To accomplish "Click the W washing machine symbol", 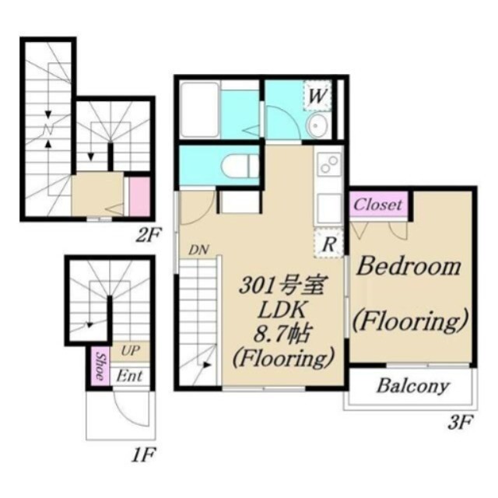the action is coord(317,95).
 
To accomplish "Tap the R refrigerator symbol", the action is coord(328,244).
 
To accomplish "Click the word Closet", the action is coord(378,205).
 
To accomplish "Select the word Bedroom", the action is coord(409,267).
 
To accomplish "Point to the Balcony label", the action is coord(413,386).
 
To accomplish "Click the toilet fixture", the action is coord(240,165).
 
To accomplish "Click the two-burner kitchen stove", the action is coord(328,164).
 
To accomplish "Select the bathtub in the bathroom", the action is coord(199,109).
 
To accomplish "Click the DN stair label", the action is coord(198,251).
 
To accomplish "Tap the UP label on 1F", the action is coord(130,351).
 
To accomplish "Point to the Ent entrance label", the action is coord(129,377).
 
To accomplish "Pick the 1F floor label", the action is coord(143,455).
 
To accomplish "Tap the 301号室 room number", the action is coord(282,285).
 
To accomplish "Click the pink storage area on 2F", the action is coord(140,197).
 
